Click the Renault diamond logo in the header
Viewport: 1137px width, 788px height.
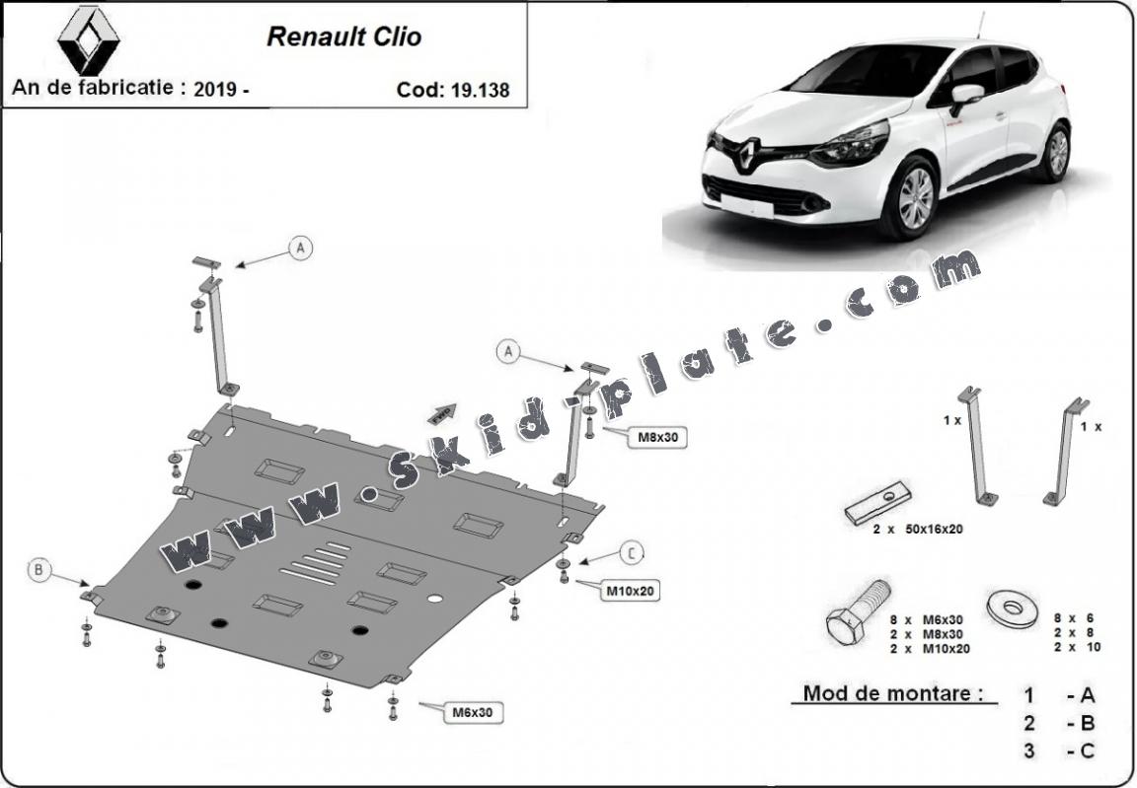[89, 40]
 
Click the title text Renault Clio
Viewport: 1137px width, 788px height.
[343, 36]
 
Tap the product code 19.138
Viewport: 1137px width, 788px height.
[480, 90]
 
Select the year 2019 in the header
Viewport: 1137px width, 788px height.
[215, 89]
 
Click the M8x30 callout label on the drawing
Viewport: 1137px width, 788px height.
[658, 437]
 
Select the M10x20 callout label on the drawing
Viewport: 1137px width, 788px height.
[630, 591]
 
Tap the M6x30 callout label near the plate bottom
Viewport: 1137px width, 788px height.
[473, 712]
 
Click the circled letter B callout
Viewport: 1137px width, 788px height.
[38, 570]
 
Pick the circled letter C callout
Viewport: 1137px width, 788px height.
[632, 554]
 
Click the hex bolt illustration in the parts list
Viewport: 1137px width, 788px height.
[858, 611]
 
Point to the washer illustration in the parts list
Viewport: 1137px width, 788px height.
[1013, 609]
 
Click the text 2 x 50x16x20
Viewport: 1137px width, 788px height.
[918, 530]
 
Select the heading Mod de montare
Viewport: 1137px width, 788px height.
[893, 693]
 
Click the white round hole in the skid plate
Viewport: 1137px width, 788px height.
[435, 599]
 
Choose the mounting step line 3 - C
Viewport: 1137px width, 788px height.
[1059, 752]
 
